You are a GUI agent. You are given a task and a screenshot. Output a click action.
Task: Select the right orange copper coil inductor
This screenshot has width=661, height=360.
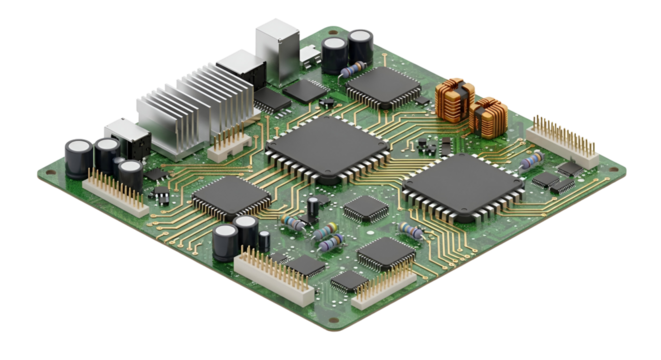point(489,117)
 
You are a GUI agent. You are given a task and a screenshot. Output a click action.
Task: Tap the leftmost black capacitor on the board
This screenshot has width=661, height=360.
point(76,156)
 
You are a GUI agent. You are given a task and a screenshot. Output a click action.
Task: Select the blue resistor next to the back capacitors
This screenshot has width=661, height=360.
point(349,70)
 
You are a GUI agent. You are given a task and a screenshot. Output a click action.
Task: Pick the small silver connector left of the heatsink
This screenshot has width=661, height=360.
point(122,134)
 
